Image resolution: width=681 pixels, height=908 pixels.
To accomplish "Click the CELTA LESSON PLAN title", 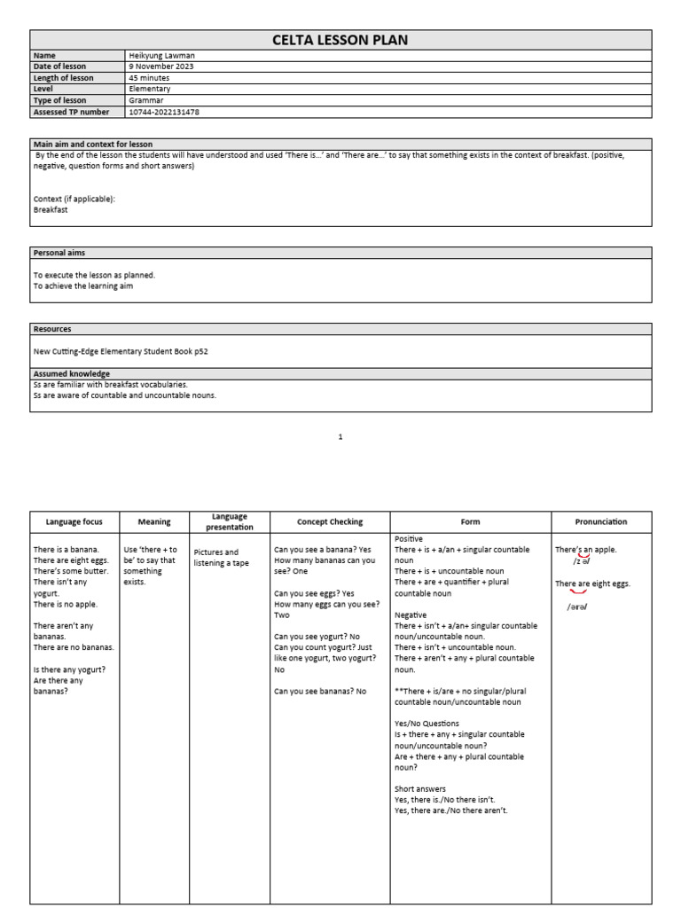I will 340,40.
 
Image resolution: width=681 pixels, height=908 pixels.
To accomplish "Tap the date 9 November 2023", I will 160,67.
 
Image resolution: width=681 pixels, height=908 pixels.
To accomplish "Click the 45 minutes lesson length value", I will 148,78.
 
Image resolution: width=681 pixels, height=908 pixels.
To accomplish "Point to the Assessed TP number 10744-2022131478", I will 164,113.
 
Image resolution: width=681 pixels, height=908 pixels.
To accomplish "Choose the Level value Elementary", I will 150,90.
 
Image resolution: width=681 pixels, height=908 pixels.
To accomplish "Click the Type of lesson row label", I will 59,101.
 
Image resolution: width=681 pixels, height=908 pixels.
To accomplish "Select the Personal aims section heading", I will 59,253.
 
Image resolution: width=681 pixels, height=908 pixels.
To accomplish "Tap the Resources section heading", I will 52,329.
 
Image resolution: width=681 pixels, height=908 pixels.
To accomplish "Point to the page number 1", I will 340,436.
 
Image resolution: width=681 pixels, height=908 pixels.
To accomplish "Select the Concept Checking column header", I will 330,522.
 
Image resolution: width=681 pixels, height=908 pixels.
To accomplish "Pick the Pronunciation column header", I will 601,522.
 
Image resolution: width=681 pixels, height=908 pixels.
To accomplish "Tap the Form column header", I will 470,522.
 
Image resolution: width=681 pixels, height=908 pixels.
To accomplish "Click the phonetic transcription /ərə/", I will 577,607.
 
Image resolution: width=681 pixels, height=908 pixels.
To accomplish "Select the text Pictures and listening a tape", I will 216,558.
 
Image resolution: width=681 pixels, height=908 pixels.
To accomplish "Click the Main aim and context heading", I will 93,144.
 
